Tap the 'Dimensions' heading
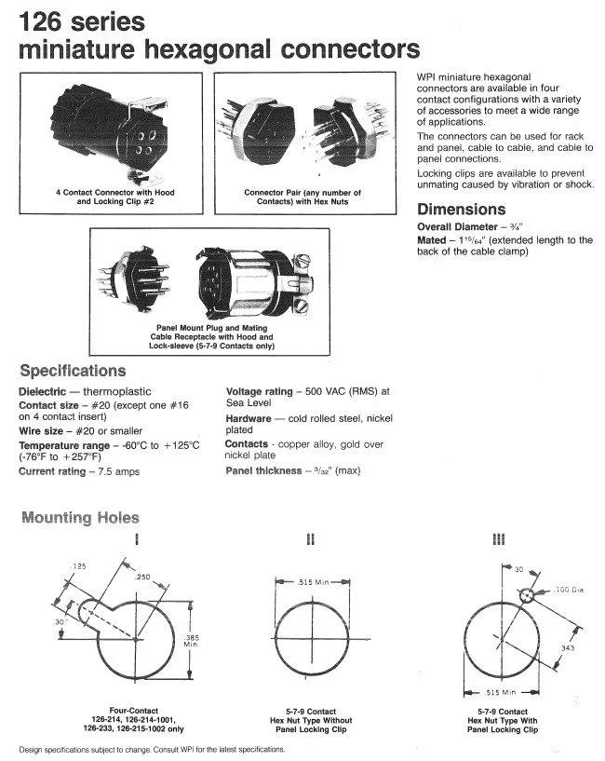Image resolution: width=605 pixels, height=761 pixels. (461, 210)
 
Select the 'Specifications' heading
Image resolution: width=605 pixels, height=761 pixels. (73, 371)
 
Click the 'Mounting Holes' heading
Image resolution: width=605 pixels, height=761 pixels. (81, 517)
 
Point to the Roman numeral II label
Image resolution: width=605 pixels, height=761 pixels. (311, 539)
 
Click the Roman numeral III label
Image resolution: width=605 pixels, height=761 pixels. (498, 539)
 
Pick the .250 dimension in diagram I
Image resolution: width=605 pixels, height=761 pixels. (142, 577)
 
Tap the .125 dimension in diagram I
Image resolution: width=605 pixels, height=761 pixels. (78, 566)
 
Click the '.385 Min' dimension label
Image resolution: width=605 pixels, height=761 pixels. (191, 641)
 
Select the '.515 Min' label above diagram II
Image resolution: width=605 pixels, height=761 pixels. (313, 582)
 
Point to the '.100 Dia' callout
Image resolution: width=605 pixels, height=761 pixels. (569, 590)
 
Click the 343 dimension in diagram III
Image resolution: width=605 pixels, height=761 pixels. (568, 648)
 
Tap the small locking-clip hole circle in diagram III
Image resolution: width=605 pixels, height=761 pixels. (527, 595)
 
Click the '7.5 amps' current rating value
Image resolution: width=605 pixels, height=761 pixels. (119, 471)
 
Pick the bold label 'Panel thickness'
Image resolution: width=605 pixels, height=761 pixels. (263, 470)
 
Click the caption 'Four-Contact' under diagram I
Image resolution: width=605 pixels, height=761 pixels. (133, 711)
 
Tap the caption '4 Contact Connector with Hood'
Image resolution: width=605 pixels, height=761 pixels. (115, 192)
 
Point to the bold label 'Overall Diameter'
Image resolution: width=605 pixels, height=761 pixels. (457, 226)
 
